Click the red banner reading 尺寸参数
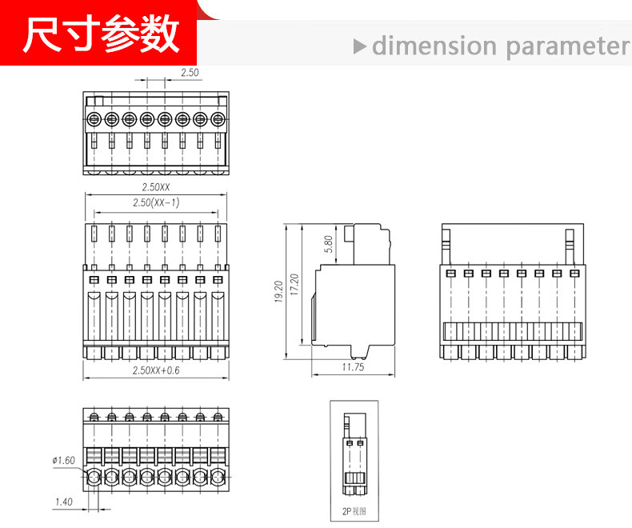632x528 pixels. pyautogui.click(x=98, y=33)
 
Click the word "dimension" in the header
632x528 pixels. pyautogui.click(x=434, y=46)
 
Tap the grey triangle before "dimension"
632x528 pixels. pyautogui.click(x=359, y=46)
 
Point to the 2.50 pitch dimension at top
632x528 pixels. pyautogui.click(x=190, y=73)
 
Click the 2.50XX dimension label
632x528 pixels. pyautogui.click(x=155, y=187)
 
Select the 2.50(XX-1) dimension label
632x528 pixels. pyautogui.click(x=156, y=202)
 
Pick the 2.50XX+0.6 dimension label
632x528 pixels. pyautogui.click(x=156, y=370)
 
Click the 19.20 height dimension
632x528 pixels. pyautogui.click(x=278, y=291)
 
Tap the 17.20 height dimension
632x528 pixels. pyautogui.click(x=294, y=285)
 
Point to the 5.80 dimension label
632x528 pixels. pyautogui.click(x=329, y=244)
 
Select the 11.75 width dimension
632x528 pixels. pyautogui.click(x=353, y=367)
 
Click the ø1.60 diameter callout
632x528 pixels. pyautogui.click(x=63, y=460)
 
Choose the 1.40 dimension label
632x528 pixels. pyautogui.click(x=64, y=502)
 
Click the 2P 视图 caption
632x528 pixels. pyautogui.click(x=354, y=511)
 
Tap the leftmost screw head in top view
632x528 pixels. pyautogui.click(x=94, y=119)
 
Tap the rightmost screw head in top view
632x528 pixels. pyautogui.click(x=218, y=119)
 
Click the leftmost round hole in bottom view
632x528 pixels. pyautogui.click(x=94, y=478)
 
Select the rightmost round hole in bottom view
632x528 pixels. pyautogui.click(x=218, y=478)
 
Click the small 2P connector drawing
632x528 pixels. pyautogui.click(x=354, y=454)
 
